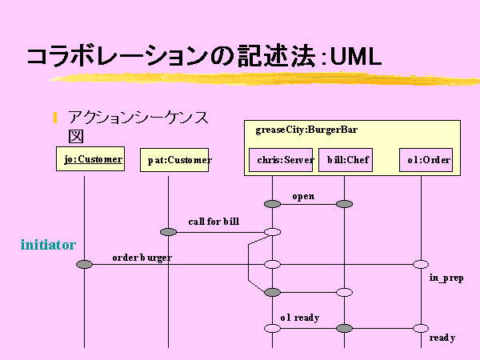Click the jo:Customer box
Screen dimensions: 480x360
(x=90, y=158)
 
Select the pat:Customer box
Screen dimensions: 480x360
(x=174, y=160)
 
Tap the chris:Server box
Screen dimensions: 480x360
(x=281, y=160)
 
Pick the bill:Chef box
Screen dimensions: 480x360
(x=346, y=160)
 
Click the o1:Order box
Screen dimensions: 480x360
(x=426, y=160)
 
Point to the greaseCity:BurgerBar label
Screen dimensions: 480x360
(x=306, y=130)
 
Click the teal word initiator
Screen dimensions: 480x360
(x=48, y=245)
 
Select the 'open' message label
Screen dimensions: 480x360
(x=303, y=197)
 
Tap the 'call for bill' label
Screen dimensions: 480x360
(x=214, y=222)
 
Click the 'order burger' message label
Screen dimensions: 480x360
(x=142, y=258)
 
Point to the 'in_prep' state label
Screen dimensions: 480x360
(x=446, y=278)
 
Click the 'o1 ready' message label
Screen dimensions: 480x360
(x=300, y=318)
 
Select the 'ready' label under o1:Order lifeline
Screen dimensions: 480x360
(x=442, y=338)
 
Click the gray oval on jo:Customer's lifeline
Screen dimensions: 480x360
(x=84, y=264)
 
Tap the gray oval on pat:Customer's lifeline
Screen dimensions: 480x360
(x=168, y=232)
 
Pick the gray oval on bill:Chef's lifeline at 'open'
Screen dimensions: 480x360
(x=344, y=204)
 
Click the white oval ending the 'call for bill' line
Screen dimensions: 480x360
(x=272, y=232)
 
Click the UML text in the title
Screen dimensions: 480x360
(x=356, y=57)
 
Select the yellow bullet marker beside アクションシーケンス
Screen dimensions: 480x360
(x=55, y=118)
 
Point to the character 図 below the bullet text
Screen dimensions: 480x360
(x=76, y=136)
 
